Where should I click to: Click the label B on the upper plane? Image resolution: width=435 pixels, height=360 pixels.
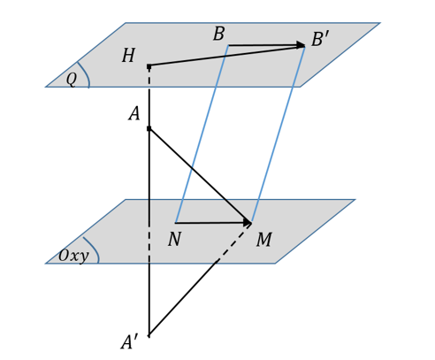pos(218,35)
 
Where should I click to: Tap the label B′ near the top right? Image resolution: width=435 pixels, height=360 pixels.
pos(320,40)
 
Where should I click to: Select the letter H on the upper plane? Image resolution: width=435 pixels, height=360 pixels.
pos(128,57)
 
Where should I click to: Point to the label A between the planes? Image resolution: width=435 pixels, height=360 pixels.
pos(134,114)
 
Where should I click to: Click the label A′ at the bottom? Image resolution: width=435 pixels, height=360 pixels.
pos(130,342)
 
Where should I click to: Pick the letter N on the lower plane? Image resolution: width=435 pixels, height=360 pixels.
pos(174,240)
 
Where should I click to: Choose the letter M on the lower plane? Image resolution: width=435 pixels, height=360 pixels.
pos(263,241)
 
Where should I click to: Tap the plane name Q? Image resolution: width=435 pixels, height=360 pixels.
pos(71,80)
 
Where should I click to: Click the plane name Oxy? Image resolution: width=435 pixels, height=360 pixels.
pos(73,257)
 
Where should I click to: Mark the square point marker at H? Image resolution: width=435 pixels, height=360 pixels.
pos(149,65)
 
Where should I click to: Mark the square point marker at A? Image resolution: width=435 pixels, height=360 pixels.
pos(149,128)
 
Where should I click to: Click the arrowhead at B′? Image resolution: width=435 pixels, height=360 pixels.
pos(301,46)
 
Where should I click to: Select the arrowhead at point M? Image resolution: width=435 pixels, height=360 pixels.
pos(248,222)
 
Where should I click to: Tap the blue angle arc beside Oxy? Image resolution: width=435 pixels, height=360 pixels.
pos(93,249)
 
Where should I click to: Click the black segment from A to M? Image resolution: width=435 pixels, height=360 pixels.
pos(199,175)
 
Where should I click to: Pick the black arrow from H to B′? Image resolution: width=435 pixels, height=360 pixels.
pos(225,56)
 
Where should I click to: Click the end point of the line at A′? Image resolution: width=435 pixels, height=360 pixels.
pos(149,336)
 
